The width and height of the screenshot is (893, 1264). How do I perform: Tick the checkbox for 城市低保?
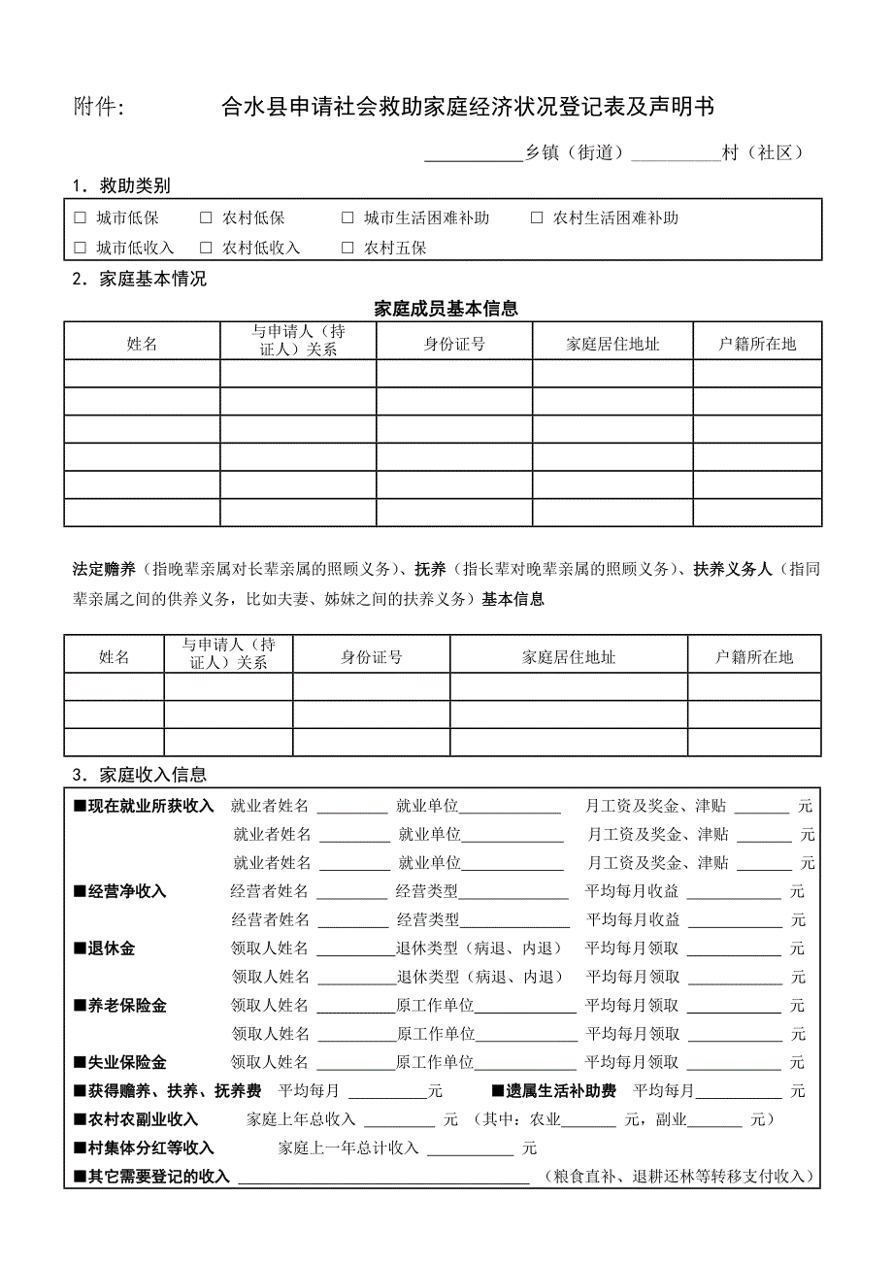(81, 218)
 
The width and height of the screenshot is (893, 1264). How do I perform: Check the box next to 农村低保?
(206, 218)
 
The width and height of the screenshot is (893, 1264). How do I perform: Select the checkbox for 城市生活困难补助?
(347, 218)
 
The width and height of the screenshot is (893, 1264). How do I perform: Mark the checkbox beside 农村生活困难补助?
(537, 218)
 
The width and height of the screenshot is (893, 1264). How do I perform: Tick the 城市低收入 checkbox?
(81, 248)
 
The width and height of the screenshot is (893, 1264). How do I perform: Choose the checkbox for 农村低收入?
(206, 248)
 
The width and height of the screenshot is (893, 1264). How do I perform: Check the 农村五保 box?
(347, 248)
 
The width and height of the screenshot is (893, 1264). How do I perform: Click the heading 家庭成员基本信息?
(446, 309)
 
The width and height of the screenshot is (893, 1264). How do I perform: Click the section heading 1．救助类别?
(121, 186)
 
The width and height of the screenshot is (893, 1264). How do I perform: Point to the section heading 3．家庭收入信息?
(139, 775)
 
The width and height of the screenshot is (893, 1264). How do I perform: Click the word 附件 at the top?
(98, 107)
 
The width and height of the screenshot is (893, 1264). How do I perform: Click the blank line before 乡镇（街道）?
(474, 153)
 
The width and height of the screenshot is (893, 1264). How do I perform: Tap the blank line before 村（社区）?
(676, 153)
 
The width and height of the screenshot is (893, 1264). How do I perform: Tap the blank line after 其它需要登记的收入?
(383, 1178)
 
